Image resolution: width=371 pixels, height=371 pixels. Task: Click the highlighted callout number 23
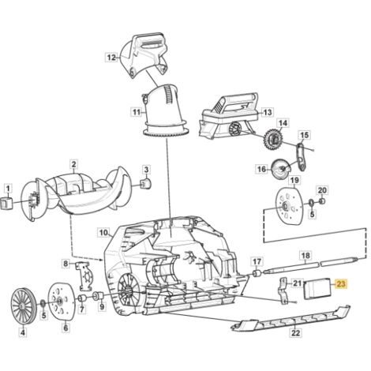(x=341, y=284)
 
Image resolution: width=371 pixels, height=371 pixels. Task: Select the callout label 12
(x=112, y=57)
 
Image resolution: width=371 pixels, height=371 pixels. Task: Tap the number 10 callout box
(x=103, y=233)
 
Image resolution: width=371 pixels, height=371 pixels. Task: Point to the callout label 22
(x=295, y=333)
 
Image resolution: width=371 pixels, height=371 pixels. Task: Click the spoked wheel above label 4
(x=21, y=306)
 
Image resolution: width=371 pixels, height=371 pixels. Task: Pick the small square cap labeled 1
(x=7, y=204)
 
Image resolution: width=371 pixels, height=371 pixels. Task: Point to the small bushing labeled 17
(x=257, y=273)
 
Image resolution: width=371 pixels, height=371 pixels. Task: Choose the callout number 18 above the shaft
(x=305, y=256)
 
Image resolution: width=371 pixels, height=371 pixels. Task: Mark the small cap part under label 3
(x=146, y=183)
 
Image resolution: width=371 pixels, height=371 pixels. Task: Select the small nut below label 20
(x=322, y=201)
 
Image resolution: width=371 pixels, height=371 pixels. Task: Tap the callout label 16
(x=261, y=169)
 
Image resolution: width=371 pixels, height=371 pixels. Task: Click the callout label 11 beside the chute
(x=137, y=113)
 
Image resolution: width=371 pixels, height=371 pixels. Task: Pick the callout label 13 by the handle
(x=268, y=112)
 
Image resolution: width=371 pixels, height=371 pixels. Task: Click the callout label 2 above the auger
(x=73, y=164)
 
